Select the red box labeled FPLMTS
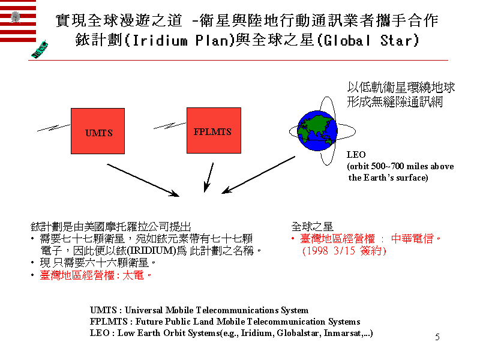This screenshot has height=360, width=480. [213, 130]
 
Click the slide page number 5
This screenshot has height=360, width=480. [437, 337]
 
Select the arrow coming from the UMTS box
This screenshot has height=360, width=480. [143, 179]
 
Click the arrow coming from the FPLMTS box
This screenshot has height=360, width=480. [208, 178]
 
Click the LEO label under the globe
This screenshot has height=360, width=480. [356, 155]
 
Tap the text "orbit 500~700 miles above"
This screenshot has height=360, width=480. [400, 166]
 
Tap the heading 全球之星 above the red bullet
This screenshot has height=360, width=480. [312, 227]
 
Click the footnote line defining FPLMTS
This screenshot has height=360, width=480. [225, 322]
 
